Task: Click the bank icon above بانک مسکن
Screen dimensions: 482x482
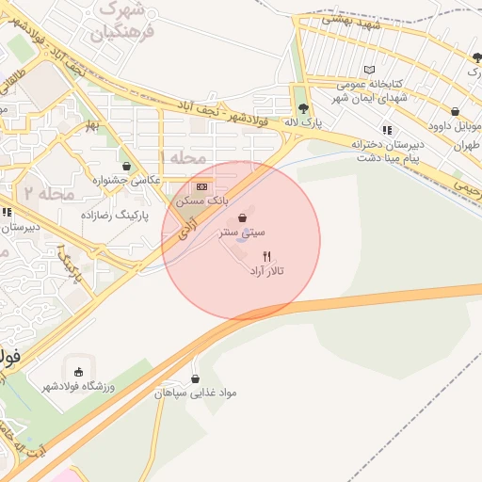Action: point(202,186)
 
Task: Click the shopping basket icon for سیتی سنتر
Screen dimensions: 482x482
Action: point(245,217)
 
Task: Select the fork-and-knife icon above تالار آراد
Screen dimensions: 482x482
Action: point(267,256)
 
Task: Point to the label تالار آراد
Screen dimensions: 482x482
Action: point(266,271)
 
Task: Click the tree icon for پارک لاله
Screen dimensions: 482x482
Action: point(302,108)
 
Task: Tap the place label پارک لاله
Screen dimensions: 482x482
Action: point(304,123)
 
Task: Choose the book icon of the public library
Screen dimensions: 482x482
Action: point(370,70)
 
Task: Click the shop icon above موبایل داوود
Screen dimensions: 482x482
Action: point(456,111)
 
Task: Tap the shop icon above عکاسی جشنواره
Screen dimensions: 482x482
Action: point(126,166)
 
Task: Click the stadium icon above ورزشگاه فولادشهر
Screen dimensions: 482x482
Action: point(76,370)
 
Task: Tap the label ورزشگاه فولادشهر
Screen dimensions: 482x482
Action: point(75,386)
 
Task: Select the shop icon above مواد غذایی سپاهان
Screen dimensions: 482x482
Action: point(195,378)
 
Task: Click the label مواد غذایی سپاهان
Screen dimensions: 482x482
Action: point(196,393)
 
